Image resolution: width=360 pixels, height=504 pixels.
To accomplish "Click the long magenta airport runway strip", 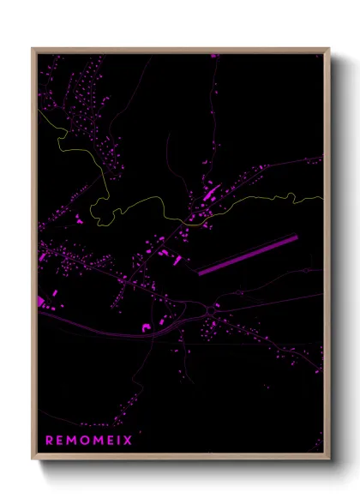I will click(248, 255).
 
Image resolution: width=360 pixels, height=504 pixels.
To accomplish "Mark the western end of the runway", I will click(200, 273).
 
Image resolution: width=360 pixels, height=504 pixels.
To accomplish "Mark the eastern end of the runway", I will click(297, 237).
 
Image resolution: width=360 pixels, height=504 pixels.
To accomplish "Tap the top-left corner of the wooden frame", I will click(33, 49).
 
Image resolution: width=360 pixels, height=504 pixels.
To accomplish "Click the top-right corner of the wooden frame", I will click(328, 49).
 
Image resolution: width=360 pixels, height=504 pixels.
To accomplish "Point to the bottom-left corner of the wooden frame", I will click(33, 461).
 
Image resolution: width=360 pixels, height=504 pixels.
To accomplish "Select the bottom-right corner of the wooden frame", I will click(328, 461).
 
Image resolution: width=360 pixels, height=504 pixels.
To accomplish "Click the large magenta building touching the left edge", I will click(41, 301).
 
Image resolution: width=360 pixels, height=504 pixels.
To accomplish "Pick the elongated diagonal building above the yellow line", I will click(211, 192).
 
